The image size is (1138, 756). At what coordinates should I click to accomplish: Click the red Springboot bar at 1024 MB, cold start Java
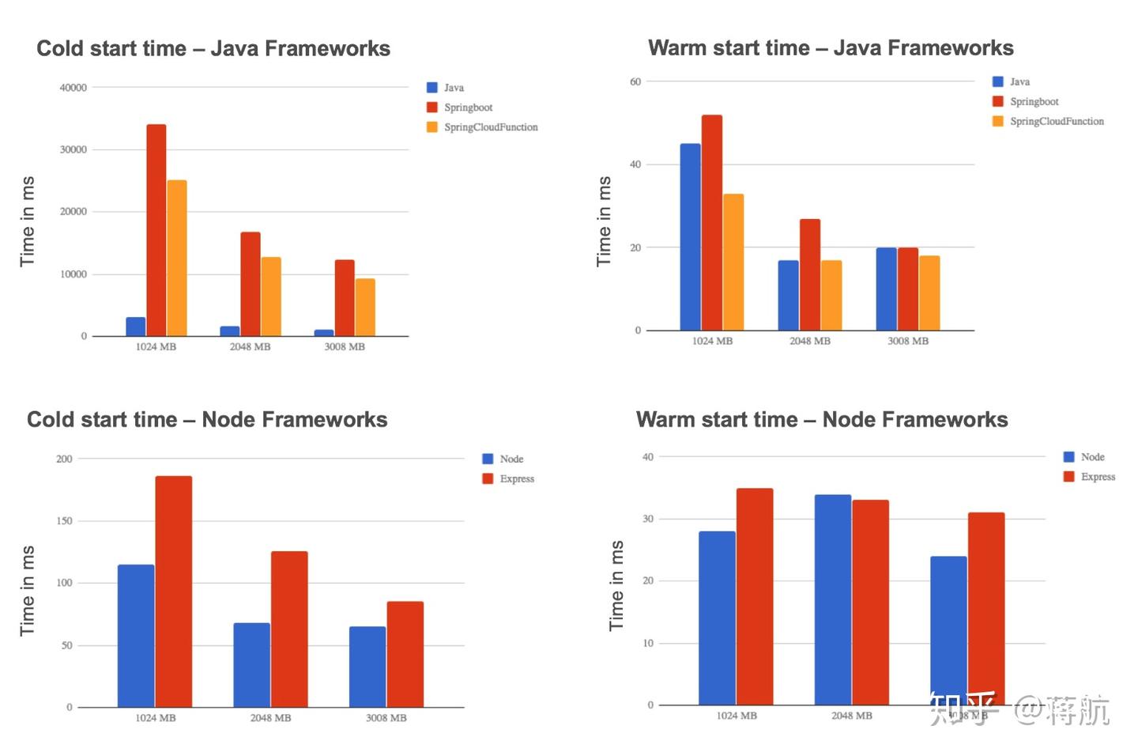(156, 230)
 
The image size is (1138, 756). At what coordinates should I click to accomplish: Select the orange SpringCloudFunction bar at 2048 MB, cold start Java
(271, 297)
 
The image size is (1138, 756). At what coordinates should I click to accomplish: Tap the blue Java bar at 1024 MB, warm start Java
(690, 236)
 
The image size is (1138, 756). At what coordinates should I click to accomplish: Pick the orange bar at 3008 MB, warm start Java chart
(929, 293)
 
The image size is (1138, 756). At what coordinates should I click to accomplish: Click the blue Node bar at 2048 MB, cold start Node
(251, 665)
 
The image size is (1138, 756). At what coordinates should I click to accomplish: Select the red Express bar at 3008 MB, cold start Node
(405, 654)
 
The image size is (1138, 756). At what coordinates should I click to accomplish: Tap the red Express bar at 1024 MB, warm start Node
(755, 596)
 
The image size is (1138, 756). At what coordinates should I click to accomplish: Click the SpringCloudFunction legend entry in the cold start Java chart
(490, 127)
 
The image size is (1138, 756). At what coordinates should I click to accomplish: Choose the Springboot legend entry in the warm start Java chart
(1034, 101)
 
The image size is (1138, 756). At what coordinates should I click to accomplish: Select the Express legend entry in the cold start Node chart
(517, 478)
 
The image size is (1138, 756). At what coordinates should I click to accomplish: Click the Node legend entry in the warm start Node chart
(1092, 457)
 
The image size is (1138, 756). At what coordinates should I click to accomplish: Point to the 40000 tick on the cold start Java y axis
(73, 88)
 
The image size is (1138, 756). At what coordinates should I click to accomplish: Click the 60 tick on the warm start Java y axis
(635, 81)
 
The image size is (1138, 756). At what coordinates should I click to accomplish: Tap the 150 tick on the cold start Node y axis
(64, 521)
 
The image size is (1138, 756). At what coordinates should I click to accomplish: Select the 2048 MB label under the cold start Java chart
(250, 347)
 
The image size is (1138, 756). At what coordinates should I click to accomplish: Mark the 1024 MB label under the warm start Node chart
(737, 716)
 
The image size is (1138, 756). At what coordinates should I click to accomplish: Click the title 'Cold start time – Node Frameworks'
(207, 419)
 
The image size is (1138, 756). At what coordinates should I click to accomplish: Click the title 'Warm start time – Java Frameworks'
(831, 48)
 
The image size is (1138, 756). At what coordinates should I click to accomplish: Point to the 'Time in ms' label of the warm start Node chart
(616, 585)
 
